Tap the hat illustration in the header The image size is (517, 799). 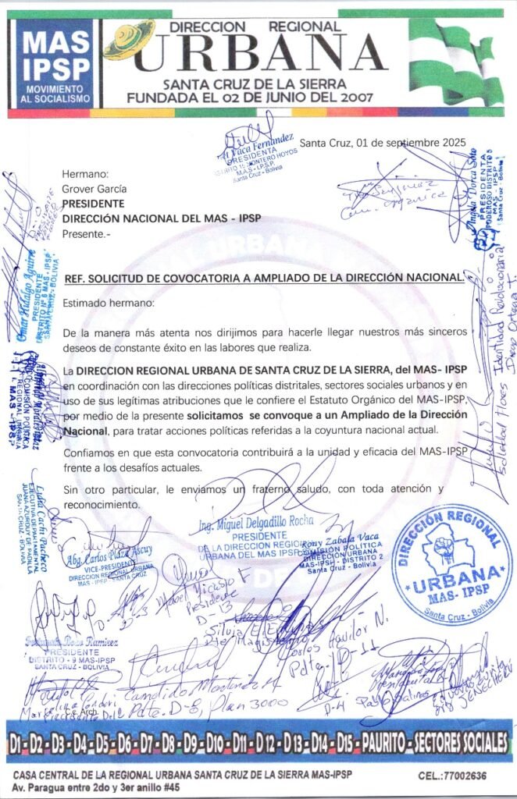pos(129,39)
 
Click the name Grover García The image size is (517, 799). pos(94,189)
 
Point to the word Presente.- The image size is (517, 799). pos(87,233)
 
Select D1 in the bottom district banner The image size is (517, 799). pos(19,742)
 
